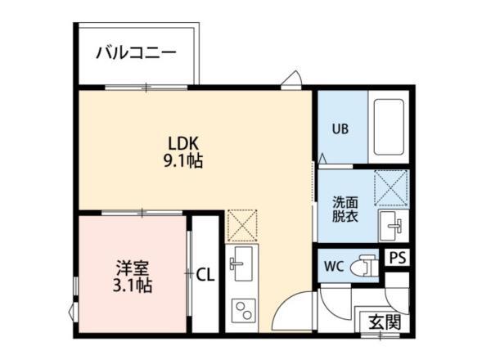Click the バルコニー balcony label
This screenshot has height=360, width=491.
pos(136,52)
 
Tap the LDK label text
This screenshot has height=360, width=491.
pos(183,144)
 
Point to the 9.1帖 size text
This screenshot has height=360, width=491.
pos(183,161)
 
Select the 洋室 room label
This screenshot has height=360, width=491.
pos(133,268)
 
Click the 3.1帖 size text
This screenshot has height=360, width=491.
pos(133,286)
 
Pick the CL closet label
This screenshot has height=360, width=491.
pos(205,275)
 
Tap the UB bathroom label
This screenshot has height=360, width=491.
pos(340,128)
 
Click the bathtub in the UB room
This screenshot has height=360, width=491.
pos(389,127)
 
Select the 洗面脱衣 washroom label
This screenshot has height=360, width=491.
pos(345,209)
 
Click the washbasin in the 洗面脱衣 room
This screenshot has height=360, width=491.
pos(394,225)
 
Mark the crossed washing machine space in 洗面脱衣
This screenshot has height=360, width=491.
pos(391,188)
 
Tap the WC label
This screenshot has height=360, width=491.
pos(334,267)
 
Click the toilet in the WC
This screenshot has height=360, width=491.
pos(363,265)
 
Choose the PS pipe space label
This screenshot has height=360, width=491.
pos(398,258)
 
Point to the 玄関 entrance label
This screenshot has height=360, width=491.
pos(385,322)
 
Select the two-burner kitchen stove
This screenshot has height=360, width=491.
pos(244,311)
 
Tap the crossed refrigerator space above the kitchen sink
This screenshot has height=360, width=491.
pos(242,225)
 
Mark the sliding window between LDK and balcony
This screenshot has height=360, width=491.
pos(146,88)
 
